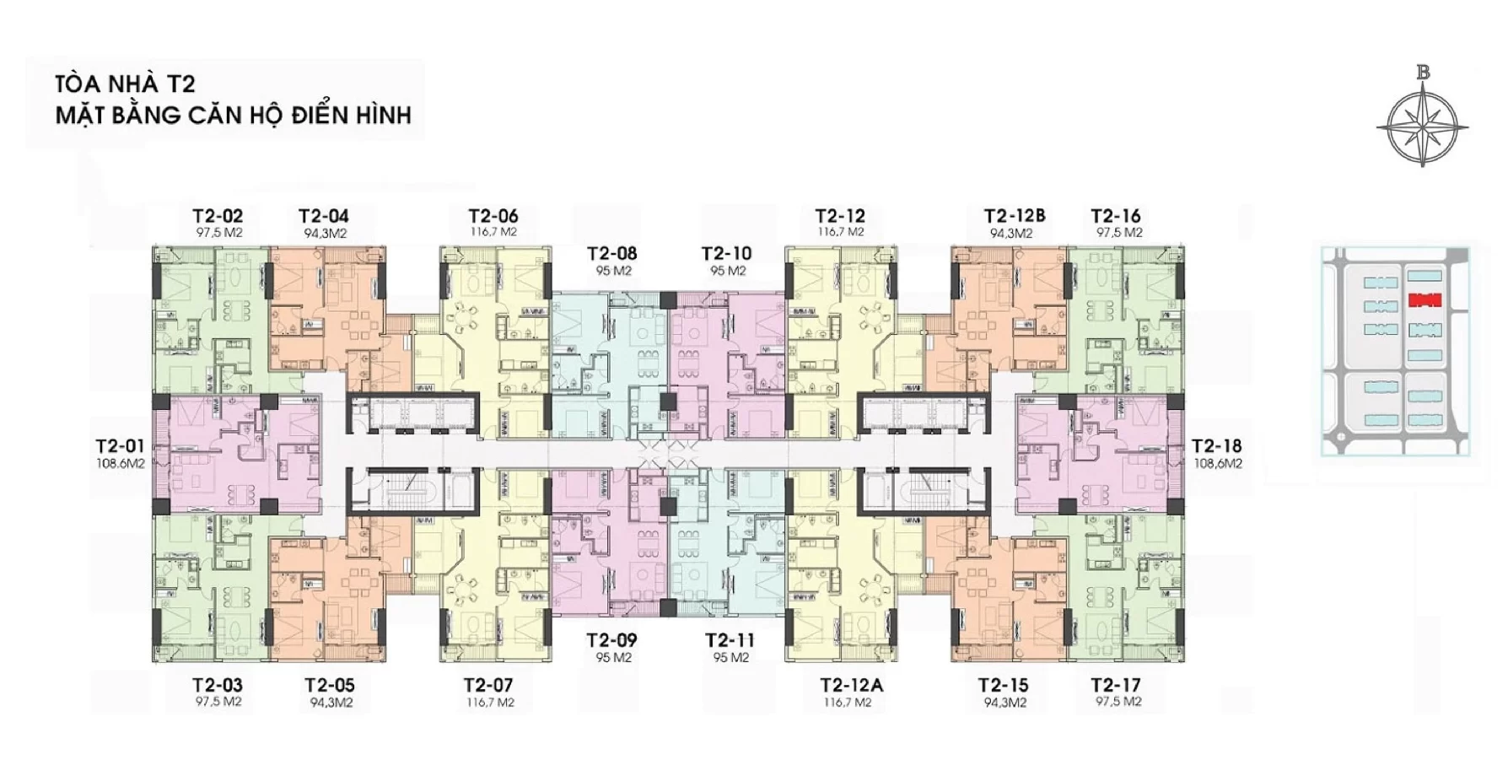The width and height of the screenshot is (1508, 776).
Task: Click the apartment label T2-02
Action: point(218,216)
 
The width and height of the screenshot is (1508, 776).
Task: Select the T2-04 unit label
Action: point(324,216)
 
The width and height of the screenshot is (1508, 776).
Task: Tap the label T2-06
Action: point(493,216)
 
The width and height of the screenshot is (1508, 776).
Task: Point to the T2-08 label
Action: point(612,254)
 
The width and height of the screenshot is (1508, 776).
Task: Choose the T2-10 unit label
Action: point(726,254)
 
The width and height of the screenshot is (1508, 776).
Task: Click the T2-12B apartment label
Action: point(1015,216)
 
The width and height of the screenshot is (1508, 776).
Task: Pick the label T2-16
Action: point(1116,216)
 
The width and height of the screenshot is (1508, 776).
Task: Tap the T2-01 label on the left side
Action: point(121,445)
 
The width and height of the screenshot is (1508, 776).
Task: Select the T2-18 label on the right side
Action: point(1216,445)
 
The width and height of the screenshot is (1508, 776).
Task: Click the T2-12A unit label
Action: point(851,685)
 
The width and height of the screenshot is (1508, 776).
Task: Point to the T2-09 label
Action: point(612,640)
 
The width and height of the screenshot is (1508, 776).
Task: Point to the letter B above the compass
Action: point(1423,73)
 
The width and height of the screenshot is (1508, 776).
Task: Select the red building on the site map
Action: point(1425,299)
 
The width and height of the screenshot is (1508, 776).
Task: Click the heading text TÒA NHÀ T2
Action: point(125,84)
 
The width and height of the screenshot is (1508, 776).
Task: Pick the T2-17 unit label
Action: point(1116,685)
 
